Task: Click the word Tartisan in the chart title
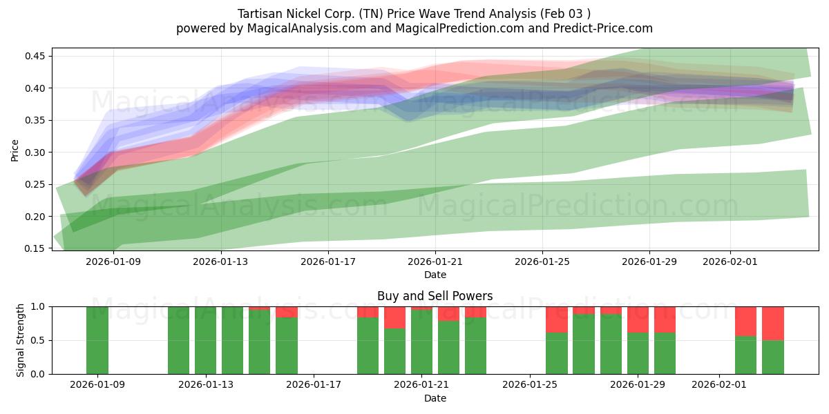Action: pyautogui.click(x=260, y=13)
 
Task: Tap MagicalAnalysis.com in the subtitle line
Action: pyautogui.click(x=302, y=28)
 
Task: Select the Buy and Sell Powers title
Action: pyautogui.click(x=435, y=296)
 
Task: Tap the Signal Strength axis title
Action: pyautogui.click(x=21, y=340)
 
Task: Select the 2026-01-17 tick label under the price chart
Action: pyautogui.click(x=327, y=262)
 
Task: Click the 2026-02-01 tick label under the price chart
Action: pyautogui.click(x=731, y=262)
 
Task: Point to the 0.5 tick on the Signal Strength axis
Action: pyautogui.click(x=39, y=340)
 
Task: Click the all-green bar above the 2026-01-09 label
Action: pyautogui.click(x=97, y=340)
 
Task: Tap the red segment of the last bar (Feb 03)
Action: pyautogui.click(x=773, y=323)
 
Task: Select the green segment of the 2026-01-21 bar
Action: pyautogui.click(x=421, y=342)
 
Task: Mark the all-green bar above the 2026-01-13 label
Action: pyautogui.click(x=205, y=340)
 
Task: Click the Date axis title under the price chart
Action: pyautogui.click(x=435, y=275)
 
